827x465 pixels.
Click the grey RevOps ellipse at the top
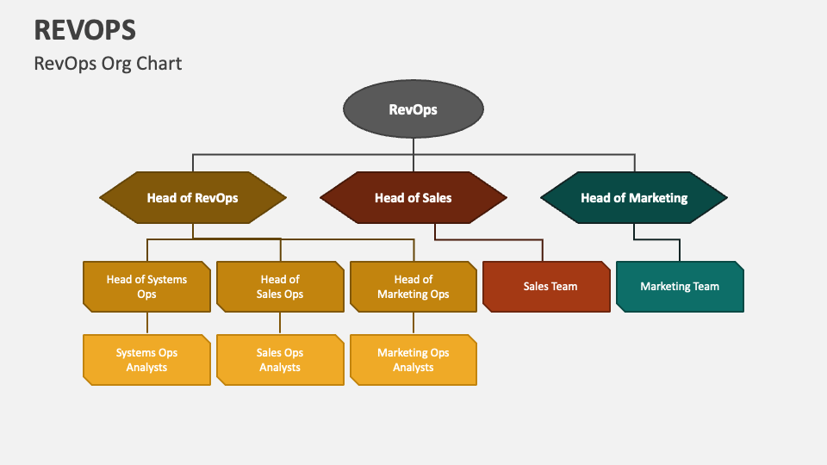coord(413,109)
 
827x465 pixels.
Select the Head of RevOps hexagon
coord(192,197)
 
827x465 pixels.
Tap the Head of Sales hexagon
coord(413,197)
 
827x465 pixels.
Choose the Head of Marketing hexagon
coord(634,197)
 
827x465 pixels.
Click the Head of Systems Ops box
coord(146,286)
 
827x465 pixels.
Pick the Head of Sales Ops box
coord(280,286)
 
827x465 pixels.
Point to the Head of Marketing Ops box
coord(413,286)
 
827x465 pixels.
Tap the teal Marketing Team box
coord(680,286)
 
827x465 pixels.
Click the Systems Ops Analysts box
coord(146,359)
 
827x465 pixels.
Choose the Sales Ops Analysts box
coord(280,359)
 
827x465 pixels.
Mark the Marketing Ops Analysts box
coord(413,359)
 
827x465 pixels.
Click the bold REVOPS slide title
coord(85,30)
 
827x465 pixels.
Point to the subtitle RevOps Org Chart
coord(108,63)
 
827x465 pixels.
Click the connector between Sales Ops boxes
coord(280,323)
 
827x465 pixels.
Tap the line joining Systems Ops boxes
coord(146,323)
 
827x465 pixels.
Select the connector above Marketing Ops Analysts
coord(413,323)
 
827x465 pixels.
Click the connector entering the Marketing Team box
coord(680,250)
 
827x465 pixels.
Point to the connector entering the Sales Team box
coord(543,250)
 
